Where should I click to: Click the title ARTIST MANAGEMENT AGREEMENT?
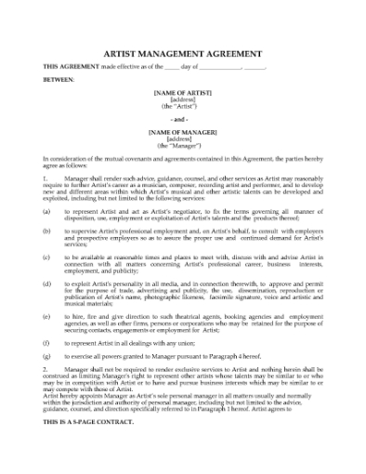click(x=182, y=54)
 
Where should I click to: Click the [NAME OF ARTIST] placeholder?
click(x=182, y=93)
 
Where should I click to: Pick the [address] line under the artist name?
click(x=182, y=100)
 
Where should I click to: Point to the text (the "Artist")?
click(x=182, y=107)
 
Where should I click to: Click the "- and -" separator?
click(x=182, y=120)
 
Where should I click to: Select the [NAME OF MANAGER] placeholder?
click(x=182, y=133)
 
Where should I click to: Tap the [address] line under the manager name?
click(x=182, y=140)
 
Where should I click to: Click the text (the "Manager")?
click(x=182, y=147)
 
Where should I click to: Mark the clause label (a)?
click(x=46, y=212)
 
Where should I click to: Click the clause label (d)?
click(x=46, y=282)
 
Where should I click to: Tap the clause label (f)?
click(x=46, y=341)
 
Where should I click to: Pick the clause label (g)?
click(x=46, y=354)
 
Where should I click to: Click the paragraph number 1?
click(x=46, y=176)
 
